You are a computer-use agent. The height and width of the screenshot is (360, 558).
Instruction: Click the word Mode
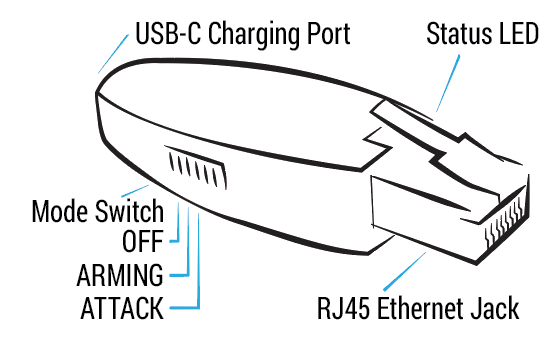click(60, 211)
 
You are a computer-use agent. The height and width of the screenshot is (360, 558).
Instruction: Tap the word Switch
click(129, 211)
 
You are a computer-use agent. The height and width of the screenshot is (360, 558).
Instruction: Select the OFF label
click(143, 242)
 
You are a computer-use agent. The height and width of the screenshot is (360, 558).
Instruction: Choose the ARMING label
click(120, 275)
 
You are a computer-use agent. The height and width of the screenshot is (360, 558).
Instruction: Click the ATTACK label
click(122, 308)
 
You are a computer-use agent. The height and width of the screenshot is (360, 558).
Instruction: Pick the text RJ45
click(343, 308)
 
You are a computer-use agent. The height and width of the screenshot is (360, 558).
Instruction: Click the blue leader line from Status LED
click(448, 83)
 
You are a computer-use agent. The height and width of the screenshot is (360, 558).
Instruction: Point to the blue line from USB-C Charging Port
click(113, 54)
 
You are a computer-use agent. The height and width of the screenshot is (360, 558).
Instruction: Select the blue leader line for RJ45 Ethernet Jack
click(405, 271)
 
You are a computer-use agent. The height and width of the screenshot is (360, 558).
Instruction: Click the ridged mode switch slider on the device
click(195, 167)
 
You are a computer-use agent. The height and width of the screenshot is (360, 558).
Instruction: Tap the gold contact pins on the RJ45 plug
click(505, 224)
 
